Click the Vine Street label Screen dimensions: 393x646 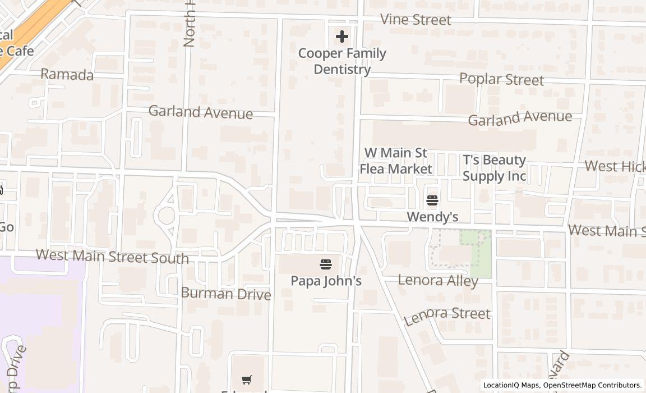pyautogui.click(x=416, y=20)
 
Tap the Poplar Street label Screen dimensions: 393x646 pyautogui.click(x=501, y=79)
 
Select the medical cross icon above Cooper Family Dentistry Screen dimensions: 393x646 pyautogui.click(x=342, y=37)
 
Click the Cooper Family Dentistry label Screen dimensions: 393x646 pyautogui.click(x=342, y=61)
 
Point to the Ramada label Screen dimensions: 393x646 pyautogui.click(x=67, y=75)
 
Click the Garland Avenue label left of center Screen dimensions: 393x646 pyautogui.click(x=200, y=112)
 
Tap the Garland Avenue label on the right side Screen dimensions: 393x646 pyautogui.click(x=520, y=118)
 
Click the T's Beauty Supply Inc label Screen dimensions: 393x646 pyautogui.click(x=495, y=168)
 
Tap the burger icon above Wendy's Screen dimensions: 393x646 pyautogui.click(x=432, y=200)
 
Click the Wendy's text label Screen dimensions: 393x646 pyautogui.click(x=432, y=217)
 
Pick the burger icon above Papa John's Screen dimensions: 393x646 pyautogui.click(x=326, y=264)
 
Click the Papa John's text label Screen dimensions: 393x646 pyautogui.click(x=326, y=280)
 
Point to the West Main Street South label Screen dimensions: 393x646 pyautogui.click(x=112, y=256)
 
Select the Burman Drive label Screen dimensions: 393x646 pyautogui.click(x=225, y=293)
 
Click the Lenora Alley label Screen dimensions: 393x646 pyautogui.click(x=438, y=280)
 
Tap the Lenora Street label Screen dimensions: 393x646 pyautogui.click(x=447, y=315)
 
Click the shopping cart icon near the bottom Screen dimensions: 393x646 pyautogui.click(x=246, y=380)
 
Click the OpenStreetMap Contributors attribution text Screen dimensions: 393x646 pyautogui.click(x=592, y=385)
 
